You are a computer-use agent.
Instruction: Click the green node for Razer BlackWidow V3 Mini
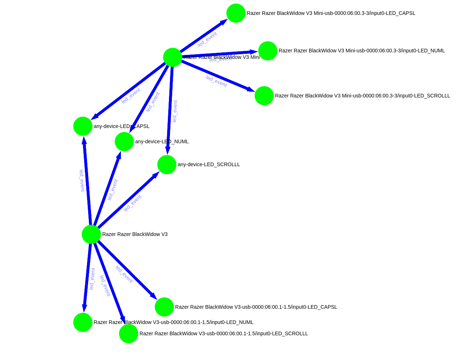(x=173, y=57)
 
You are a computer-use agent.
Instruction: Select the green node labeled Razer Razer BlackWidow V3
(x=91, y=234)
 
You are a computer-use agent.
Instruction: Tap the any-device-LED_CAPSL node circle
(x=83, y=126)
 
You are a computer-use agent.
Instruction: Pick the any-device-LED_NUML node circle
(x=124, y=141)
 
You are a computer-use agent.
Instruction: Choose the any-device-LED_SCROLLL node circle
(x=167, y=164)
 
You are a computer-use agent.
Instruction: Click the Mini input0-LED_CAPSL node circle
(x=236, y=13)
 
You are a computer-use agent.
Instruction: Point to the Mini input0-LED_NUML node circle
(x=268, y=51)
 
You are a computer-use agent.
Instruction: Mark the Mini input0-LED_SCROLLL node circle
(x=264, y=96)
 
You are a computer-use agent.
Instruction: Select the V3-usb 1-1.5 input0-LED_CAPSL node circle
(x=164, y=307)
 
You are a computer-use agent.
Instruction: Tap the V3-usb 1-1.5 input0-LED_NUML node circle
(x=83, y=322)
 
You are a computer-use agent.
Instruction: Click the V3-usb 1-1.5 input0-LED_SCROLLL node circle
(x=129, y=333)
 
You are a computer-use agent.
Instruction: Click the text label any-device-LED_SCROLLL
(x=209, y=164)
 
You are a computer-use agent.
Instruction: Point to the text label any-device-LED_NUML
(x=162, y=141)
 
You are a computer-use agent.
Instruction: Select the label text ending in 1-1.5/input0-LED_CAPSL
(x=256, y=307)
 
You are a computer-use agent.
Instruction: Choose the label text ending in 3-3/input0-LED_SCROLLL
(x=362, y=96)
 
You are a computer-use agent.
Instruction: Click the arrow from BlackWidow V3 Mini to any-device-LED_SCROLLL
(x=170, y=109)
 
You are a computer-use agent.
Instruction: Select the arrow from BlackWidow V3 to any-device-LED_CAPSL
(x=87, y=182)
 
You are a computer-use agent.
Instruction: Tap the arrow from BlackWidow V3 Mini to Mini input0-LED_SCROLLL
(x=218, y=76)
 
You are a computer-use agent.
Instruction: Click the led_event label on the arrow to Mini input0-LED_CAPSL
(x=207, y=39)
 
